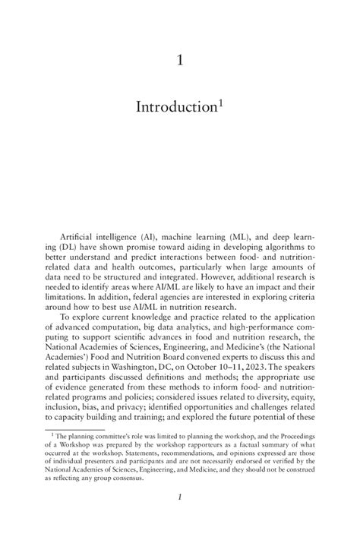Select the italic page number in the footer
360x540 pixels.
coord(180,497)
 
